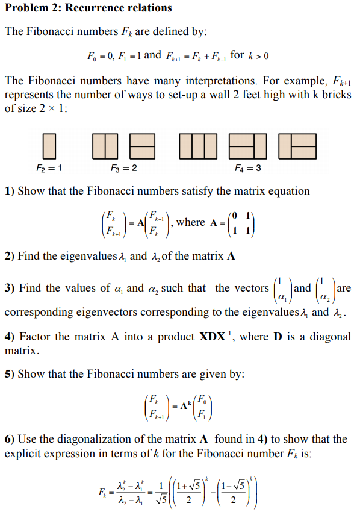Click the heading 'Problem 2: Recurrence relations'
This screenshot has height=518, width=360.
pos(88,8)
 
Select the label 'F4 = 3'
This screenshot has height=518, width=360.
pos(248,167)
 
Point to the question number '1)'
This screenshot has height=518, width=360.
pos(10,191)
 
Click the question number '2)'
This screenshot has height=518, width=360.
pos(10,256)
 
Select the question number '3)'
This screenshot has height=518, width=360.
pos(10,288)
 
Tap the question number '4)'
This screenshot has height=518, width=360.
pos(10,336)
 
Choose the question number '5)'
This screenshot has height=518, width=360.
pos(10,374)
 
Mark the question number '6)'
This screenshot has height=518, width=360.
pos(10,439)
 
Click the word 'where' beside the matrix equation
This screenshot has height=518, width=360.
pos(190,222)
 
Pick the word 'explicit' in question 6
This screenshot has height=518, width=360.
pos(23,453)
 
